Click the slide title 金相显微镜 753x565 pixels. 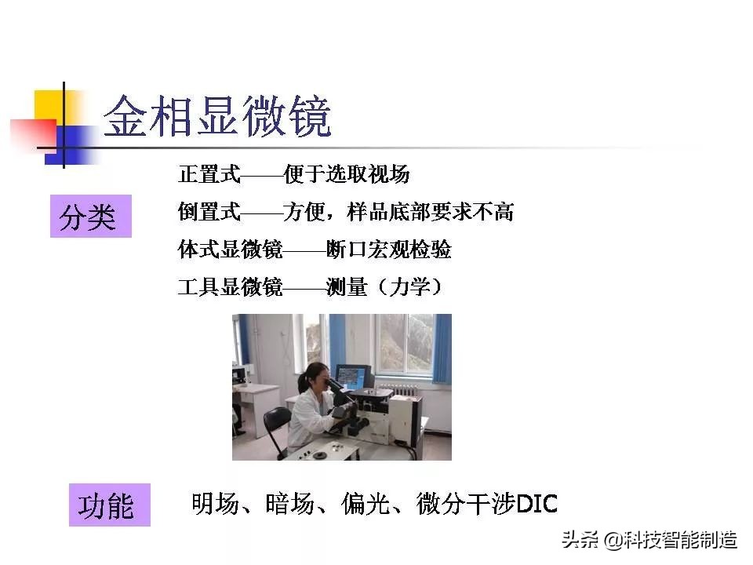pyautogui.click(x=218, y=118)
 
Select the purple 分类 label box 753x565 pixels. pyautogui.click(x=90, y=217)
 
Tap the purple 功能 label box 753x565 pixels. pyautogui.click(x=109, y=505)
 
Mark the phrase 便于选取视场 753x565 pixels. pyautogui.click(x=347, y=173)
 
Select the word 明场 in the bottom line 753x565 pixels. pyautogui.click(x=214, y=504)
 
